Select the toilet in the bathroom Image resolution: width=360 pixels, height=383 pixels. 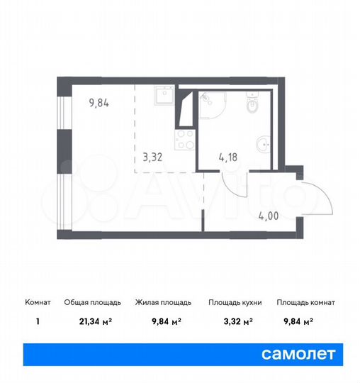[x=254, y=105]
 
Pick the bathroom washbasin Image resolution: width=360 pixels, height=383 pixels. [x=263, y=145]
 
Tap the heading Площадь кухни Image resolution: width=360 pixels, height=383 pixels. [x=235, y=303]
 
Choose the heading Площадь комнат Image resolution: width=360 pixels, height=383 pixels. [x=306, y=303]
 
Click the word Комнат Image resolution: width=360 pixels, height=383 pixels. [x=37, y=303]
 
